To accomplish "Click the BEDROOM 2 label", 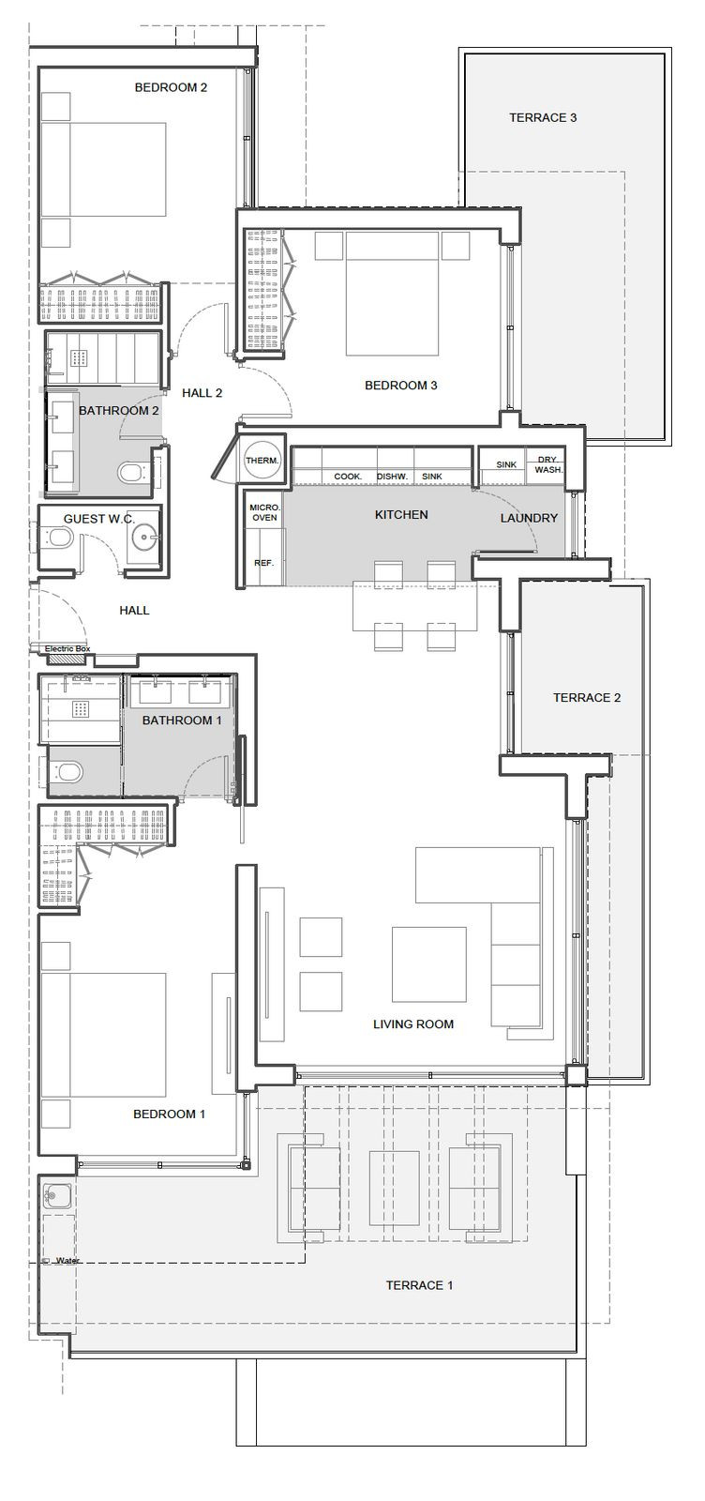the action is pyautogui.click(x=171, y=87).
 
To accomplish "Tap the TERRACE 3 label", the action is pyautogui.click(x=543, y=118).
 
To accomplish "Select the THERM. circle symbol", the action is pyautogui.click(x=262, y=461).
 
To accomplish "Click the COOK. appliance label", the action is pyautogui.click(x=348, y=477).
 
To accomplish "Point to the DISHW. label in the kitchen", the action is pyautogui.click(x=392, y=477).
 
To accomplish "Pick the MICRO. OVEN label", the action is pyautogui.click(x=264, y=512).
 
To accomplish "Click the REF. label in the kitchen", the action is pyautogui.click(x=263, y=563).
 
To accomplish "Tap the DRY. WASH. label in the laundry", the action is pyautogui.click(x=548, y=465).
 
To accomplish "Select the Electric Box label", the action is pyautogui.click(x=67, y=648).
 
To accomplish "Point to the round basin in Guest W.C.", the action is pyautogui.click(x=144, y=536).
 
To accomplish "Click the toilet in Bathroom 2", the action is pyautogui.click(x=135, y=473).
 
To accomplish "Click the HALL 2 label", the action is pyautogui.click(x=202, y=393).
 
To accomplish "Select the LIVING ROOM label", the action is pyautogui.click(x=413, y=1023).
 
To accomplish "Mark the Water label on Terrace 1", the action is pyautogui.click(x=67, y=1261).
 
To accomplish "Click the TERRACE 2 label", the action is pyautogui.click(x=587, y=698).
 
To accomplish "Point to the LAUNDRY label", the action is pyautogui.click(x=529, y=518).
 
